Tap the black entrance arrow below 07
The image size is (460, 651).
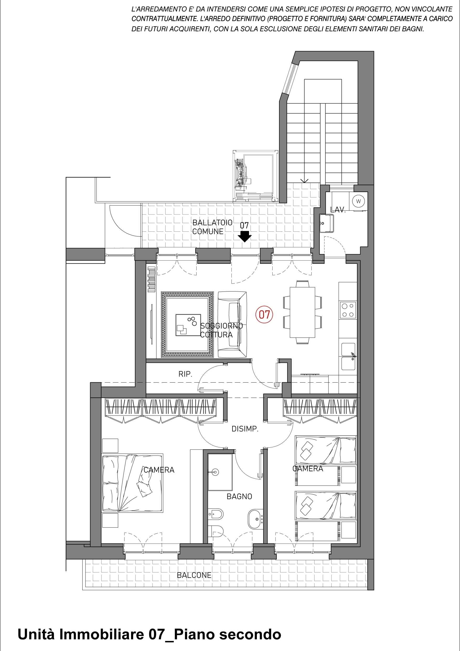244,236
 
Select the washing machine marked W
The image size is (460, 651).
358,201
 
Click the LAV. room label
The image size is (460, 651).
338,210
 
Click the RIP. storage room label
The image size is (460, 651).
185,374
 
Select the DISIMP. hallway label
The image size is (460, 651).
245,429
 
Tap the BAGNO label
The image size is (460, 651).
239,496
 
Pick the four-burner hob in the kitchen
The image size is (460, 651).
348,310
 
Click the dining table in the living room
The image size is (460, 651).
302,312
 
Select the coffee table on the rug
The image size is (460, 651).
188,325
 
